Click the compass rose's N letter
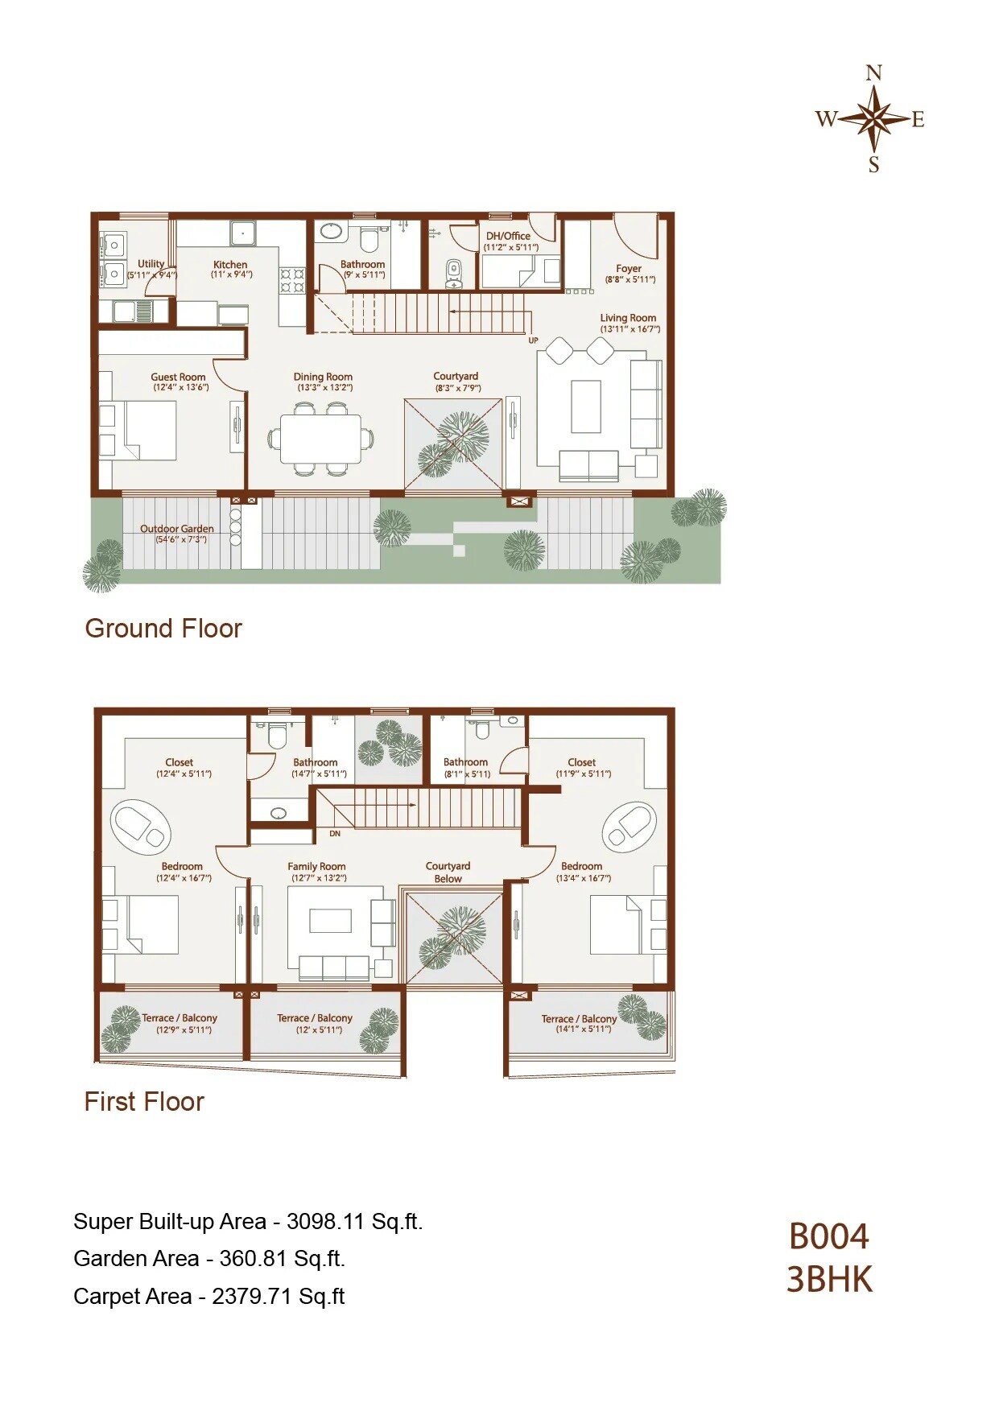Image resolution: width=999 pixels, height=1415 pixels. tap(873, 73)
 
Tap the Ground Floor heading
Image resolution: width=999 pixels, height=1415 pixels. tap(163, 629)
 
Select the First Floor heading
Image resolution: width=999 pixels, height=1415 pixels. tap(144, 1102)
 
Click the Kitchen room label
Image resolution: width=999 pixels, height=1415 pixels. tap(230, 265)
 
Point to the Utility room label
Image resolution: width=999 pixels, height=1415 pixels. tap(151, 264)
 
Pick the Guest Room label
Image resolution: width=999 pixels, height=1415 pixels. tap(178, 377)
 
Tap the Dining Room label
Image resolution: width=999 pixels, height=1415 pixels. tap(323, 377)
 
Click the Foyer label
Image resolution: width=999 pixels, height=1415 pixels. tap(629, 269)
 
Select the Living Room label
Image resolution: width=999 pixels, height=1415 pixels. tap(628, 318)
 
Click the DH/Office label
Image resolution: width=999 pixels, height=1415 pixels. tap(508, 237)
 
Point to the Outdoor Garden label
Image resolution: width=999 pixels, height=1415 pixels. tap(177, 529)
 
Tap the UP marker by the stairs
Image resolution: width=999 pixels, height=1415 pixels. tap(533, 340)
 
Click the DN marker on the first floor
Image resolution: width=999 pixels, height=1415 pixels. tap(335, 834)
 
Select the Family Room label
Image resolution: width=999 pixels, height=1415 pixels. tap(316, 867)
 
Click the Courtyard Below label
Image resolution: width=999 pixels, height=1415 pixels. tap(448, 872)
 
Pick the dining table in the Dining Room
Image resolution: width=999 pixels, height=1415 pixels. tap(320, 439)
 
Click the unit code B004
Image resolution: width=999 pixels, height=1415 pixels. tap(828, 1237)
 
